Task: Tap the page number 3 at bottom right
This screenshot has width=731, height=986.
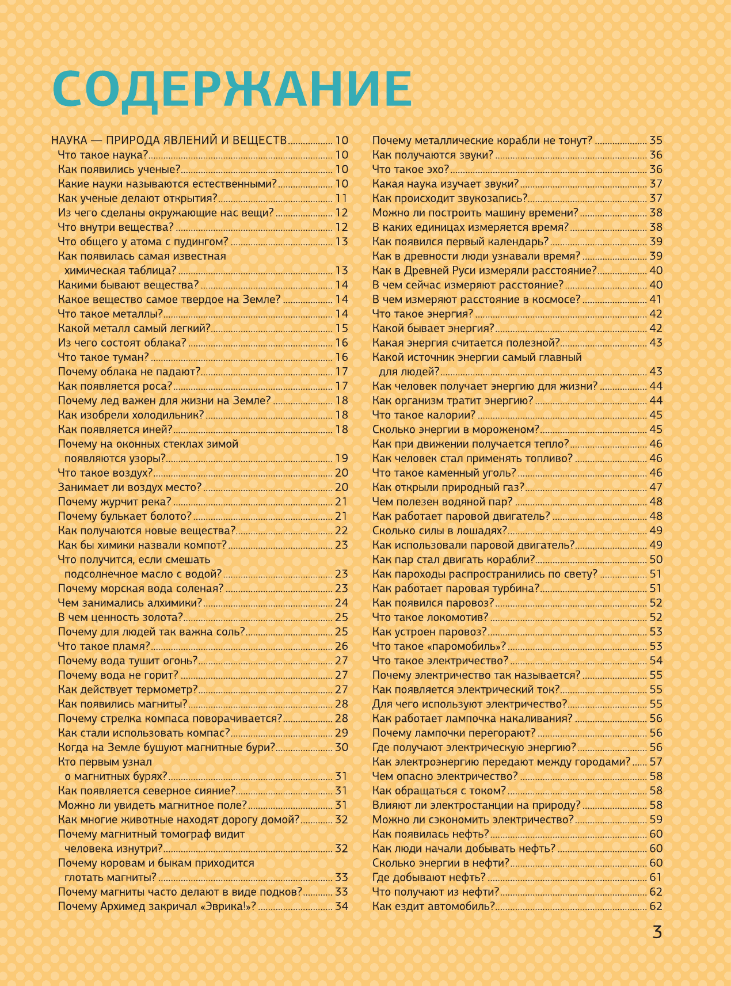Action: point(657,932)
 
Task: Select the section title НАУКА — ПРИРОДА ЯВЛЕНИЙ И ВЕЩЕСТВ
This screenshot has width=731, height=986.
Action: point(169,140)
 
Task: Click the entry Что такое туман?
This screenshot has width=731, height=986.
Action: point(104,357)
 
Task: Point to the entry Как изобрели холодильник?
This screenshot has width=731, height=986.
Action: point(131,415)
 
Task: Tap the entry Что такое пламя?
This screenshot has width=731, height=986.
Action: point(104,646)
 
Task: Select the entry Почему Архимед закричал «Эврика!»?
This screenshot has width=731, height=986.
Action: point(157,907)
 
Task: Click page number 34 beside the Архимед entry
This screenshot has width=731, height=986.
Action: point(341,907)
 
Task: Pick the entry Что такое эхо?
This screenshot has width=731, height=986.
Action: point(410,169)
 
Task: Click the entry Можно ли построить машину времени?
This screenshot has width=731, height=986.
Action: point(475,213)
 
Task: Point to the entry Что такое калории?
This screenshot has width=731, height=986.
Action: point(424,415)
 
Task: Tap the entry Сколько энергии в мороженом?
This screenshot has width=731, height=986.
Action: point(456,429)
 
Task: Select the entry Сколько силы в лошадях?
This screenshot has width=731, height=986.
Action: point(440,531)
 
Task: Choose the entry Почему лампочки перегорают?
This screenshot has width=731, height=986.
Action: point(454,733)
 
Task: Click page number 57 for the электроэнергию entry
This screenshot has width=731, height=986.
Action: point(656,762)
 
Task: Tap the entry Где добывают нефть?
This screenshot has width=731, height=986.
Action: point(429,878)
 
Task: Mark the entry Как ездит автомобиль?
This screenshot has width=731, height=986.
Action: point(433,907)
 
